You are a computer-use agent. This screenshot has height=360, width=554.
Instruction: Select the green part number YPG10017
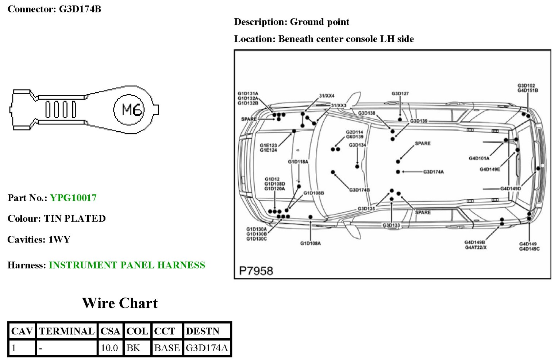(73, 198)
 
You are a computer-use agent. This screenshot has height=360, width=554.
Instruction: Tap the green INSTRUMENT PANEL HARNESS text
(127, 265)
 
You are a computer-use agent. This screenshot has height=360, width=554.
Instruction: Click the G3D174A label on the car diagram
(433, 172)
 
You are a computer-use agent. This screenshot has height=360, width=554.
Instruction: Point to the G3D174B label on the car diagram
(359, 190)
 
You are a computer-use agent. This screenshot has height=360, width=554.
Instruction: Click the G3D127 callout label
(400, 94)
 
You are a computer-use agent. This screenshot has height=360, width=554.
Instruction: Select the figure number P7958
(256, 271)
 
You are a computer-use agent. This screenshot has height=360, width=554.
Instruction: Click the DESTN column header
(203, 331)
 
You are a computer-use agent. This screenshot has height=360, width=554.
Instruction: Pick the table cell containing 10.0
(109, 348)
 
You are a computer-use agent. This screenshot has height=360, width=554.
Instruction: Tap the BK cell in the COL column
(133, 348)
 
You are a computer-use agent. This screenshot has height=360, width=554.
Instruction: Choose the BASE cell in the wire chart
(167, 348)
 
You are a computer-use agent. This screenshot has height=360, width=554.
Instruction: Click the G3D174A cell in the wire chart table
(207, 348)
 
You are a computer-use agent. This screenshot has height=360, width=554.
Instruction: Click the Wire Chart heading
(120, 303)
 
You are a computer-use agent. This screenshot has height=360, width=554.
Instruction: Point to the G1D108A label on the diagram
(310, 243)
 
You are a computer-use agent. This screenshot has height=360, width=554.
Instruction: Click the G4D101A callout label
(479, 158)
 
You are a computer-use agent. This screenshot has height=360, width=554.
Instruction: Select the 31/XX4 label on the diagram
(327, 96)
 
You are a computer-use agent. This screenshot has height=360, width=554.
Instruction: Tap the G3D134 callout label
(357, 145)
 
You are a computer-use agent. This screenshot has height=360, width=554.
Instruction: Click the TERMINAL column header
(67, 331)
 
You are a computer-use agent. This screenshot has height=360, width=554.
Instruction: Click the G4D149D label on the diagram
(510, 189)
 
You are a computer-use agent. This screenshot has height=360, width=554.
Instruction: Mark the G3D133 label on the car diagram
(391, 225)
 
